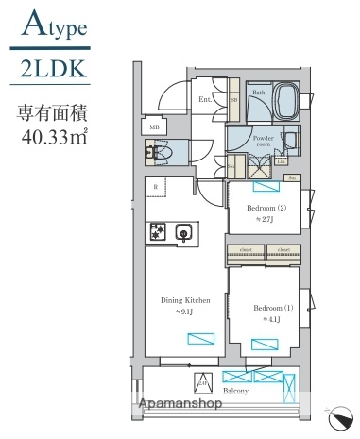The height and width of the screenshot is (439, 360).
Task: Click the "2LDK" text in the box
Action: coord(54,69)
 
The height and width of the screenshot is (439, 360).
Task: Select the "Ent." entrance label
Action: coord(204,98)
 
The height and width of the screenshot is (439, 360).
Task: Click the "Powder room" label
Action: coord(266,143)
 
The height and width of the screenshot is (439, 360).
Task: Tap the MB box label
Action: coord(154,125)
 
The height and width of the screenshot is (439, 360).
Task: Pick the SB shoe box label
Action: coord(232,98)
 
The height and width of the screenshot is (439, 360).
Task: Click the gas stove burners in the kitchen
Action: coord(158,230)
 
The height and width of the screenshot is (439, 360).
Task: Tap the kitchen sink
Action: coord(184,231)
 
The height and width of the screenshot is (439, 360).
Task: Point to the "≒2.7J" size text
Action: coord(266,219)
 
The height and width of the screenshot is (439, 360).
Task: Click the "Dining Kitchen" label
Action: coord(184,300)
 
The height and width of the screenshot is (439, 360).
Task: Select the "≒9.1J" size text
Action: coord(184,312)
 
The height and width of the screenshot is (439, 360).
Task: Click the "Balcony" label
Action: coord(235,390)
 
